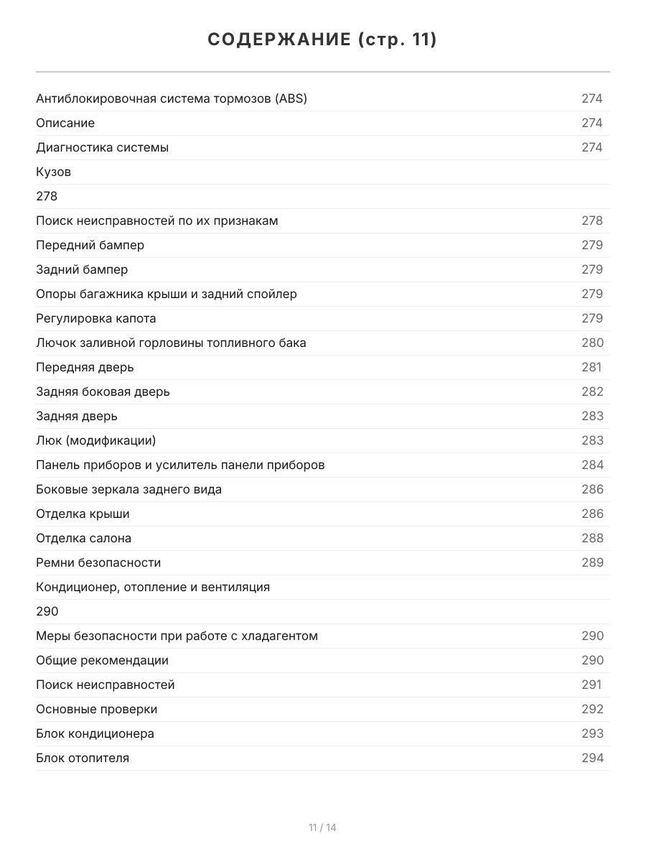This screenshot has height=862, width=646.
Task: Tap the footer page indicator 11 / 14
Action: pos(322,828)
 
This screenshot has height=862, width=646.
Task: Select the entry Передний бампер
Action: pos(90,245)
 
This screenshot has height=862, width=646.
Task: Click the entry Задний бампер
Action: pos(82,269)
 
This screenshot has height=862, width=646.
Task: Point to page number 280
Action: pos(592,343)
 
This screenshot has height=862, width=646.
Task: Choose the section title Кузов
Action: pos(53,172)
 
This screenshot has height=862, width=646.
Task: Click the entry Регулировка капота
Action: pos(95,318)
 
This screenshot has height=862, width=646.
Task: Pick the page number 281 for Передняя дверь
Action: pos(591,367)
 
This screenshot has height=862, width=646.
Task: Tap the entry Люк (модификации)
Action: pos(95,440)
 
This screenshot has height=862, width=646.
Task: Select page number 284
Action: pos(592,465)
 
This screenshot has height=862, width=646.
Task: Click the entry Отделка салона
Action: pos(83,538)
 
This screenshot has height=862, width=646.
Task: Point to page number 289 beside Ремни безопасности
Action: pos(592,562)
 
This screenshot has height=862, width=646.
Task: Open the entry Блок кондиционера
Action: pos(95,733)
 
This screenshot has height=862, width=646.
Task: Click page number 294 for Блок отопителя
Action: pos(592,758)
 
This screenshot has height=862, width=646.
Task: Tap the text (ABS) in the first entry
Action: pos(291,98)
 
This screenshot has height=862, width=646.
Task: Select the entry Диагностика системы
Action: pos(102,147)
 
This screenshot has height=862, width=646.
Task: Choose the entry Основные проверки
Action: pos(96,709)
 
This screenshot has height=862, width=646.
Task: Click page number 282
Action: pos(592,391)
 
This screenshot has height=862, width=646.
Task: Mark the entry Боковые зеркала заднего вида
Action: pos(128,489)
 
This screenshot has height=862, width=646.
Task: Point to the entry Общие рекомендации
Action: pos(102,660)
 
